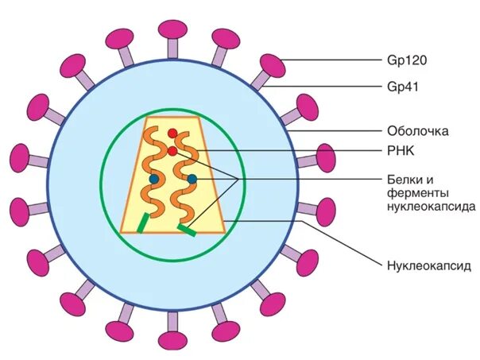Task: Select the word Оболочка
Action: coord(418,130)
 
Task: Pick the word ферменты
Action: coord(420,193)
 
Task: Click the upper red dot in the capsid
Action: coord(172,134)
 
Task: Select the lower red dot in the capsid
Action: coord(172,151)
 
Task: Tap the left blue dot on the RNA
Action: coord(153,180)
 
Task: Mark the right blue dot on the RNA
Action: coord(192,180)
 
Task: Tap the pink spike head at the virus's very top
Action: coord(172,29)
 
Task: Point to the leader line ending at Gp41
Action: coord(334,86)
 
